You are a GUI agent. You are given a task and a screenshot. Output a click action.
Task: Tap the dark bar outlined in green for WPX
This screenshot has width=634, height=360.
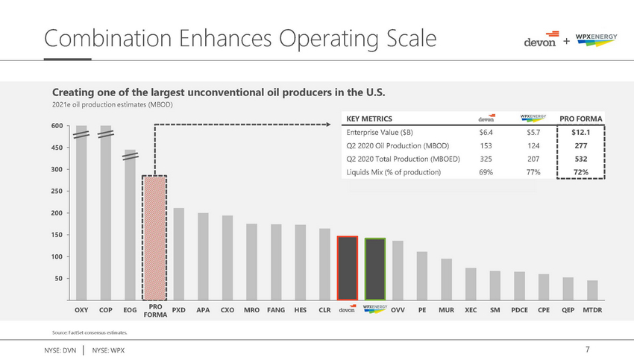click(374, 268)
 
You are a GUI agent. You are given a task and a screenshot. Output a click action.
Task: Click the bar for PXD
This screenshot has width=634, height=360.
click(179, 253)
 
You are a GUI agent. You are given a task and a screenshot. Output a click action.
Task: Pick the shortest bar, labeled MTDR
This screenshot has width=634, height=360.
click(592, 290)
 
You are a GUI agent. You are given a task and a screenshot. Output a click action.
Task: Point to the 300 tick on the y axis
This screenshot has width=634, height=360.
click(57, 170)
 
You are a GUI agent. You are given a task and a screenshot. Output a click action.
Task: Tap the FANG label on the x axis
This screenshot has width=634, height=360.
click(275, 309)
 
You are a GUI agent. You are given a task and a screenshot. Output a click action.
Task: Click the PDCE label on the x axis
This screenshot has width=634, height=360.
click(520, 309)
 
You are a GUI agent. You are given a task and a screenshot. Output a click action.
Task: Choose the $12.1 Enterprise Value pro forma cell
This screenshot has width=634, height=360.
click(582, 132)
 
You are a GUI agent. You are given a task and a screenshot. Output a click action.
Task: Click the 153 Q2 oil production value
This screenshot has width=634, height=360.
click(486, 145)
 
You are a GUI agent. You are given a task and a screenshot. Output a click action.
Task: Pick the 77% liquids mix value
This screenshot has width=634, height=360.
click(533, 172)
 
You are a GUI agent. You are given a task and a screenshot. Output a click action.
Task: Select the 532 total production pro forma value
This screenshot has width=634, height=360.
click(582, 159)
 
